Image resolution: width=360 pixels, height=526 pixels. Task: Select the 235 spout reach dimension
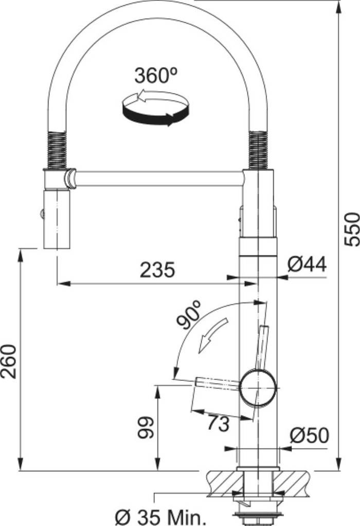(157, 270)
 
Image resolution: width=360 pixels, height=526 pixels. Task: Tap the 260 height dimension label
(11, 360)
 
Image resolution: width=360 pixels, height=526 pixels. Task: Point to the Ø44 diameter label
(307, 265)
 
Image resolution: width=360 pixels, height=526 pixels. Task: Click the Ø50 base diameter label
(309, 435)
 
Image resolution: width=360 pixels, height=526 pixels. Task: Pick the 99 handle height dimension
(146, 428)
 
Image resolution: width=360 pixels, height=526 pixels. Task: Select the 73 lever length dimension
(218, 423)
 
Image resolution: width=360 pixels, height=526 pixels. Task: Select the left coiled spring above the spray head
(56, 150)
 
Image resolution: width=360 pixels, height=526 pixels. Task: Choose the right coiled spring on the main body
(259, 150)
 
